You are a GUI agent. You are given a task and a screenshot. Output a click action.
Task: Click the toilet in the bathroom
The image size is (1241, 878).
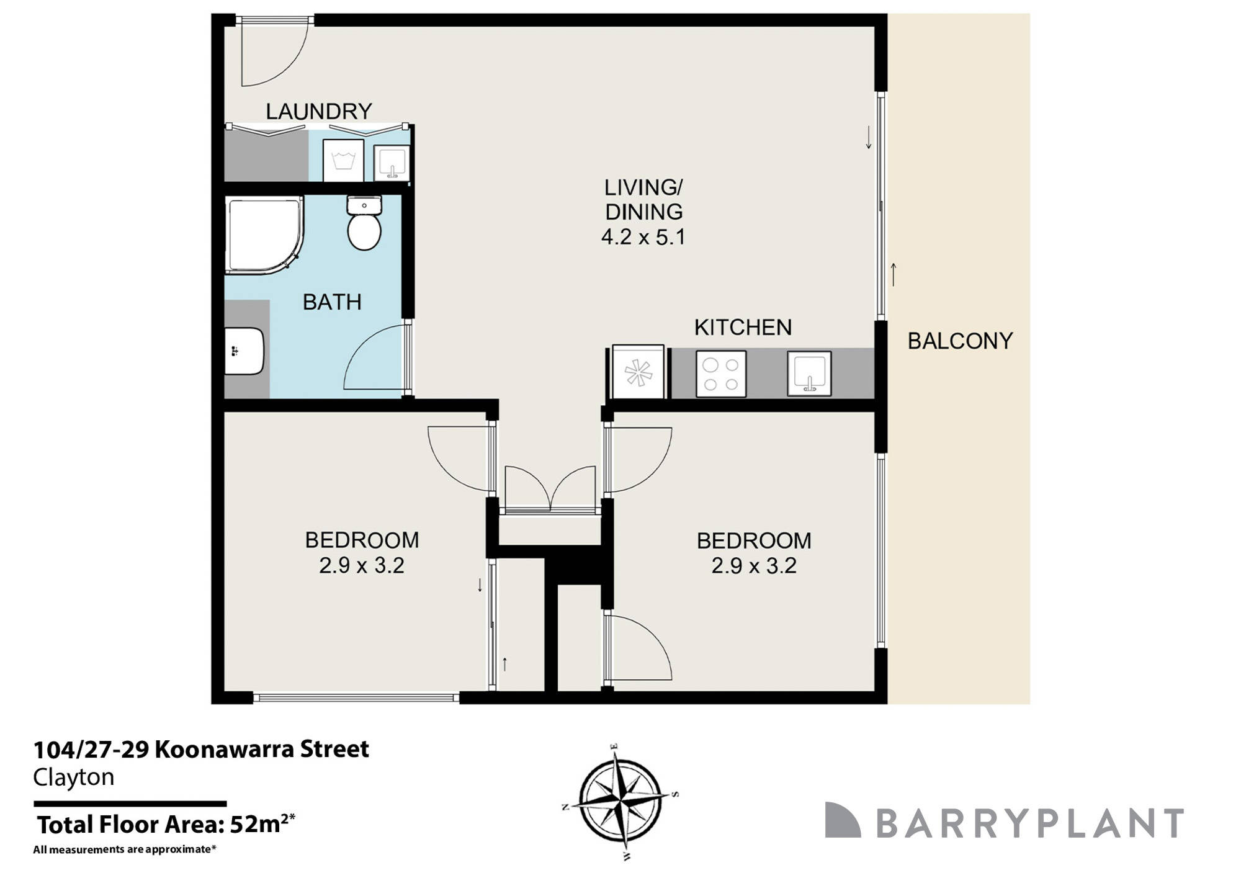364,223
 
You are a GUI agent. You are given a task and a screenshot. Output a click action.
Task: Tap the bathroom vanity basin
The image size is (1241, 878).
243,351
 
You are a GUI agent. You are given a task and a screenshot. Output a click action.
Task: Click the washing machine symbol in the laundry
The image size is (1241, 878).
343,160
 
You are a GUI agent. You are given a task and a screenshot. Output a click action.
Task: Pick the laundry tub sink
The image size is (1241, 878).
392,163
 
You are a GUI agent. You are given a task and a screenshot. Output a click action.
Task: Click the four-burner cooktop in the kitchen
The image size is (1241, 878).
720,374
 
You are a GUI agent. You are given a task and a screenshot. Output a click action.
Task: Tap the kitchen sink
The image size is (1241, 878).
809,374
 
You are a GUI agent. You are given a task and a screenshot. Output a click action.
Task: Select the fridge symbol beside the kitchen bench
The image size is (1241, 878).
638,372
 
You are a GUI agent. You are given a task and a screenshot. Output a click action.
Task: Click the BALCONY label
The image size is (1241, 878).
960,341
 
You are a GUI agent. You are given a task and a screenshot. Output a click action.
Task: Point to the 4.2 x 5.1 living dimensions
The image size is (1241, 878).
643,237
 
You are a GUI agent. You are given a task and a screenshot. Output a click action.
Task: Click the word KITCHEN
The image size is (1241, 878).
743,327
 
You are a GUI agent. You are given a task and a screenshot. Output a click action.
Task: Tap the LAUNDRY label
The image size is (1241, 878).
319,111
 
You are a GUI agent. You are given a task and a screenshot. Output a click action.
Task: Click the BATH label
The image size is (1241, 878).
332,302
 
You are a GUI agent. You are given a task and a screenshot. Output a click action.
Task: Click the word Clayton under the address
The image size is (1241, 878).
74,777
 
